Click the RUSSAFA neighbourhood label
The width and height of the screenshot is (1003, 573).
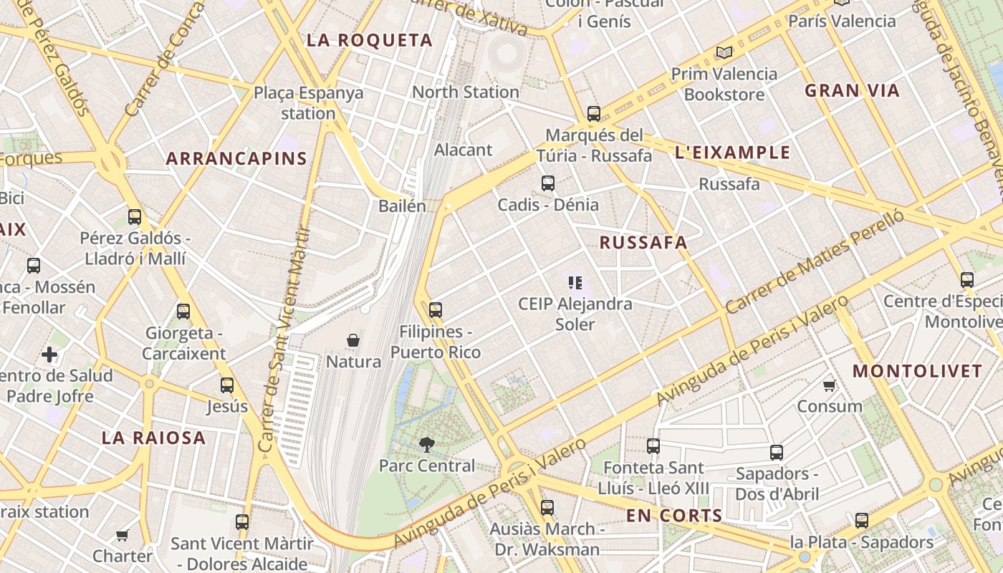tap(643, 243)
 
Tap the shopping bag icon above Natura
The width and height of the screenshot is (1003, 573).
tap(353, 340)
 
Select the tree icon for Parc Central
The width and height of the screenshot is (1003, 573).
tap(427, 445)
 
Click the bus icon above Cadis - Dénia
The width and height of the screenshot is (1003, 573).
tap(548, 183)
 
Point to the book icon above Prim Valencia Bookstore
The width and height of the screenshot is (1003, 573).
tap(724, 52)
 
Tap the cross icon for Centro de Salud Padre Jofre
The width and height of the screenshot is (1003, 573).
tap(49, 355)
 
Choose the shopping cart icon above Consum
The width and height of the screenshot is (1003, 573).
tap(830, 386)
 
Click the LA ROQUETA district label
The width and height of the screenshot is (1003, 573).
tap(370, 41)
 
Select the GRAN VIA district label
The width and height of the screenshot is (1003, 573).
tap(852, 91)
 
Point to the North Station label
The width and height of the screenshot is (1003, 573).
tap(466, 92)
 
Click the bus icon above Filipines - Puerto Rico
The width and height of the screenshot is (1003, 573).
tap(436, 310)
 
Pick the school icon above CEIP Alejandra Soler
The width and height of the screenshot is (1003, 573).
tap(575, 283)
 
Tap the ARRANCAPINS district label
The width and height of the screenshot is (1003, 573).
tap(236, 159)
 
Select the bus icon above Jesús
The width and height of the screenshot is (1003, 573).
tap(227, 385)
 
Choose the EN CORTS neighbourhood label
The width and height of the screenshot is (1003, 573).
tap(674, 516)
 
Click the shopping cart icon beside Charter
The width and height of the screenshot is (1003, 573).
tap(123, 535)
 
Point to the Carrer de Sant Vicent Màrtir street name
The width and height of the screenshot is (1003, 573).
tap(285, 340)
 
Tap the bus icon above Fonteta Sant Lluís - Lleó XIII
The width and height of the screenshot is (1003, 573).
tap(653, 446)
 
